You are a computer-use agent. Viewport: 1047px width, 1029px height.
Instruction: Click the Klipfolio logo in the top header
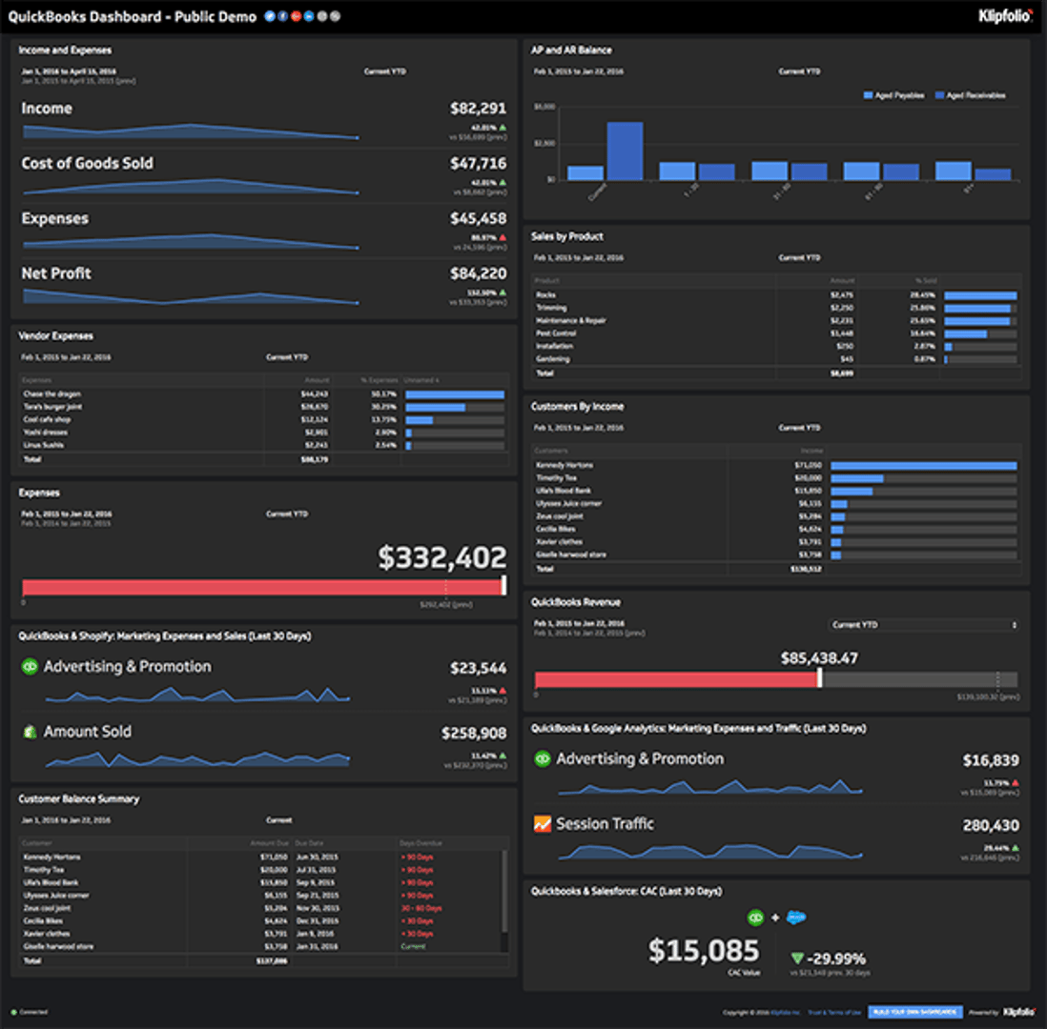click(x=1005, y=15)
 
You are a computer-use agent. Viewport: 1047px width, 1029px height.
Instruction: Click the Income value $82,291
click(x=478, y=109)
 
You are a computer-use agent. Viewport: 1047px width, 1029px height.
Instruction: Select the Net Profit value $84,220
click(x=478, y=273)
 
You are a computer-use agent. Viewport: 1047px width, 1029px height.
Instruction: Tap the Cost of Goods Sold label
click(x=87, y=163)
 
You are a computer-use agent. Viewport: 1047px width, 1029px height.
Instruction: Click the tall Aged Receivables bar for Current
click(x=625, y=151)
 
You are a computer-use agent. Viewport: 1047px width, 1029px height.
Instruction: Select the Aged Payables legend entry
click(x=893, y=95)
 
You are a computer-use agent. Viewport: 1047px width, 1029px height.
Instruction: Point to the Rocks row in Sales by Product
click(x=546, y=295)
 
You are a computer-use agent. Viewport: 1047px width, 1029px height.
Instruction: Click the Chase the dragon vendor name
click(x=52, y=393)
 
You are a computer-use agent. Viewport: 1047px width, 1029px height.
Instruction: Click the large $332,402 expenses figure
click(x=441, y=557)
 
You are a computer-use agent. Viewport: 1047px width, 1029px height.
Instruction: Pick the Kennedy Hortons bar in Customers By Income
click(x=923, y=465)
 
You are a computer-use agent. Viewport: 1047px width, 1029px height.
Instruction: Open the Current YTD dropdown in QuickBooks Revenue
click(x=923, y=625)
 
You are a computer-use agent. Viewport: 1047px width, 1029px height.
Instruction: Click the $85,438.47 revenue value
click(x=818, y=658)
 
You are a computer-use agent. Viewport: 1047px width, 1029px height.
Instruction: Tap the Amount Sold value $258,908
click(x=473, y=734)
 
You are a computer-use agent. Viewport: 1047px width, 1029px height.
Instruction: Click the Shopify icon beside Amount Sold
click(x=30, y=732)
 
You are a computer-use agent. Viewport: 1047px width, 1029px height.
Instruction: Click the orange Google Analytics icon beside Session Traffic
click(x=543, y=823)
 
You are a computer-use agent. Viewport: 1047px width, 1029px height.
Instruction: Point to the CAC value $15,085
click(x=704, y=950)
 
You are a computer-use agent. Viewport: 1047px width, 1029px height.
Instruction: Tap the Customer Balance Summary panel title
click(x=79, y=798)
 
